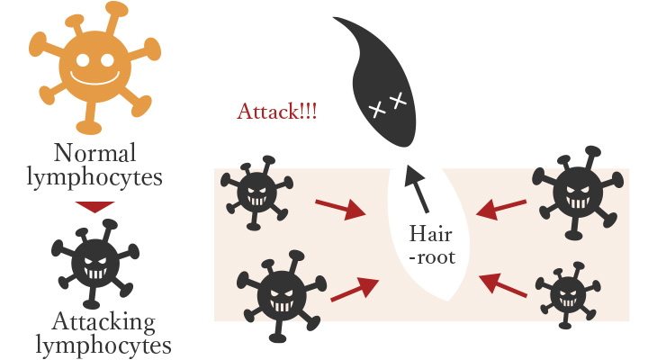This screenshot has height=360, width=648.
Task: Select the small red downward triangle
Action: point(94,206)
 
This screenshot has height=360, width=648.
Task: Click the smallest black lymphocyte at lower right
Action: point(566,292)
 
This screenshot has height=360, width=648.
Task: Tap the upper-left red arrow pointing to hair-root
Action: point(341,208)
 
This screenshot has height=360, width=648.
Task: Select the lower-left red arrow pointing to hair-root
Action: point(355,290)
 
